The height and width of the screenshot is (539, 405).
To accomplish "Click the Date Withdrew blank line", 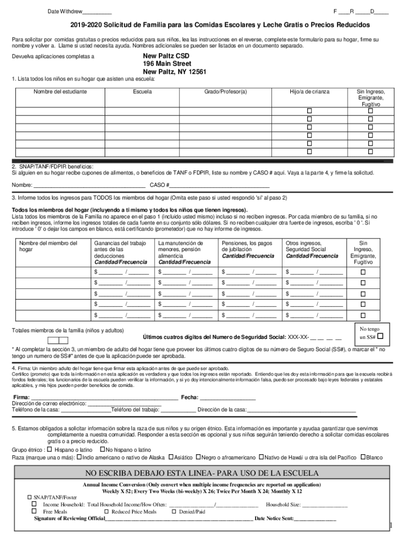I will (x=97, y=12).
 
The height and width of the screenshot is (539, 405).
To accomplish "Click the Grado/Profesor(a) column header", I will (x=225, y=92).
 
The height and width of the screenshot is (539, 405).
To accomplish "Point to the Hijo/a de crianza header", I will (x=309, y=92).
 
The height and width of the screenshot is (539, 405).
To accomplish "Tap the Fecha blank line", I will (x=227, y=397).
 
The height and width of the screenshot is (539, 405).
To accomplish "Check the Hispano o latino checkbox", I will (x=49, y=450).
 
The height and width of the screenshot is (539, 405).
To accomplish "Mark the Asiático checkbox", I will (x=170, y=457).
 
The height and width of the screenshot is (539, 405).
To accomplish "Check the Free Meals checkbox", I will (x=34, y=511).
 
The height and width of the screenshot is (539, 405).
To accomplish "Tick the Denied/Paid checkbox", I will (x=175, y=511).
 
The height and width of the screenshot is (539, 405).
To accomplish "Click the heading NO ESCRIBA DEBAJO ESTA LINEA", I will (x=202, y=473).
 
